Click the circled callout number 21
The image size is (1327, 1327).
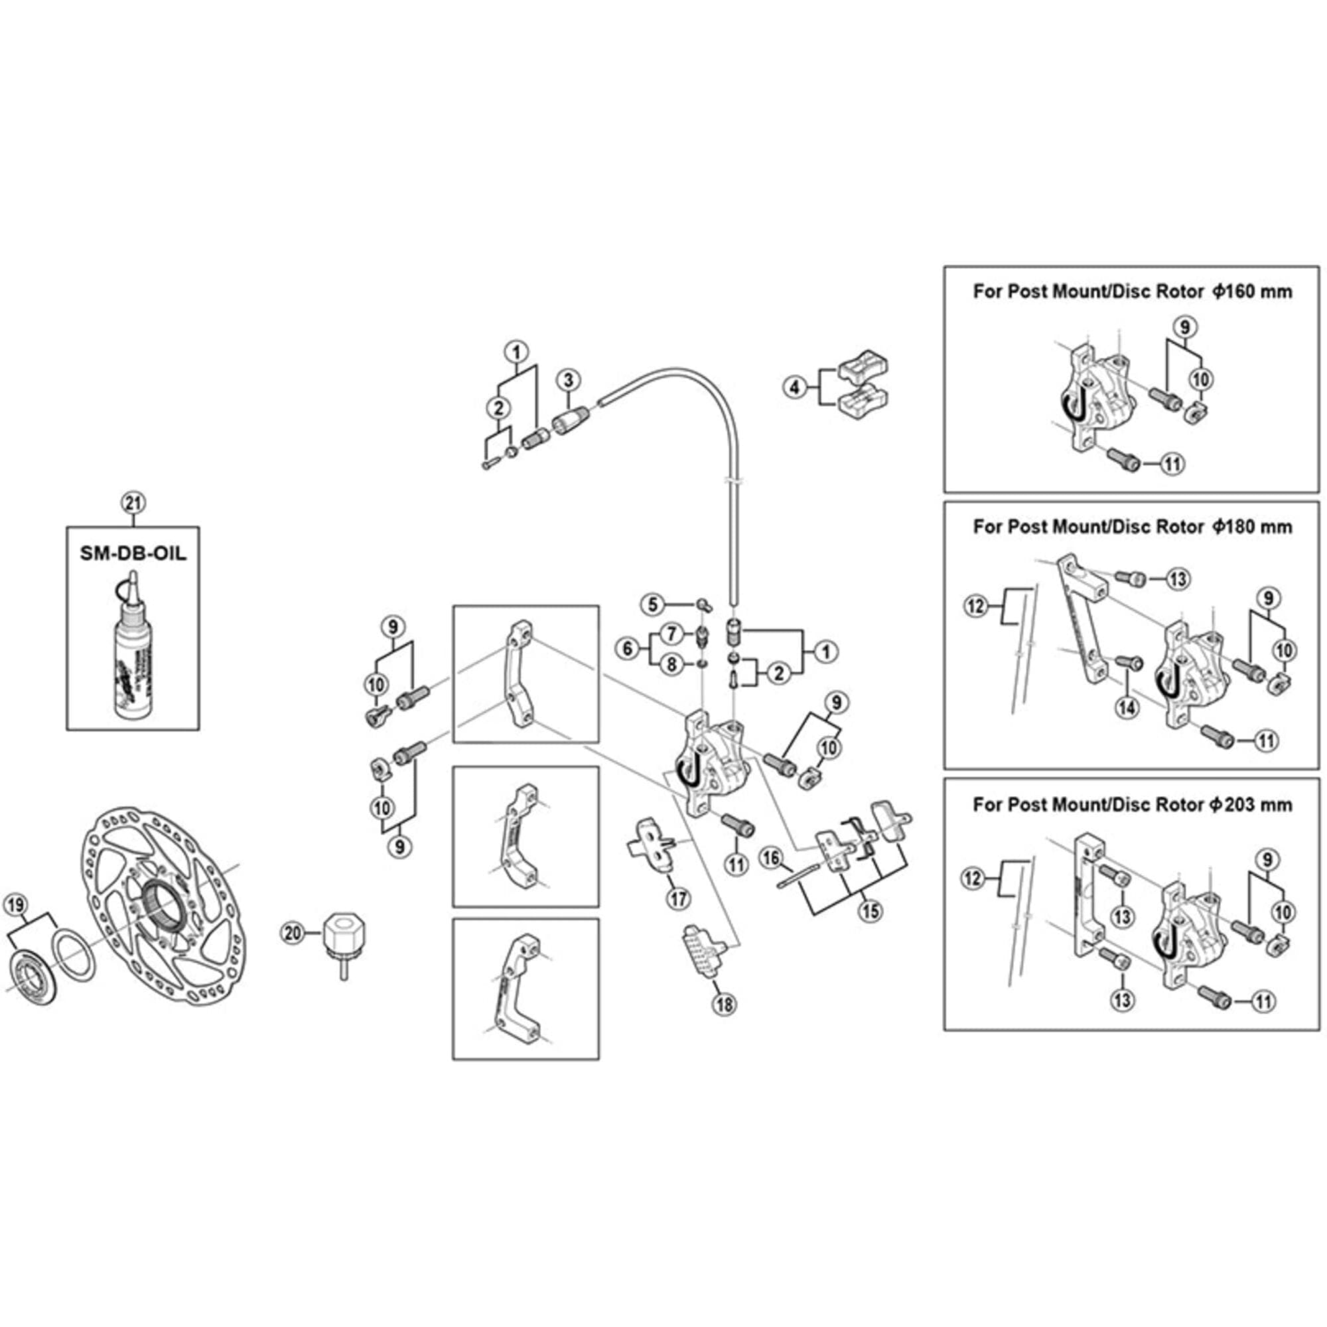coord(133,503)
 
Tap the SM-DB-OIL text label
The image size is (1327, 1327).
coord(133,553)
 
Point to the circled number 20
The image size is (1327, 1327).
coord(293,933)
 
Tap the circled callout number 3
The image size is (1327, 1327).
coord(568,380)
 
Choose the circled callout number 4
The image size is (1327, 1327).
coord(795,387)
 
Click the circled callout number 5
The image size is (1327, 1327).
coord(652,604)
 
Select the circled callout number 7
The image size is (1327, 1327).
coord(672,633)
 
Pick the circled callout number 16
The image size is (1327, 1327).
coord(772,857)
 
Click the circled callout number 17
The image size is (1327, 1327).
coord(679,898)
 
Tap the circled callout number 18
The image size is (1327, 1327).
coord(725,1005)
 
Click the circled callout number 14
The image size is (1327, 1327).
coord(1127,707)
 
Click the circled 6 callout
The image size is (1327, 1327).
coord(628,648)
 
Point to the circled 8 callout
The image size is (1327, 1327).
coord(672,664)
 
